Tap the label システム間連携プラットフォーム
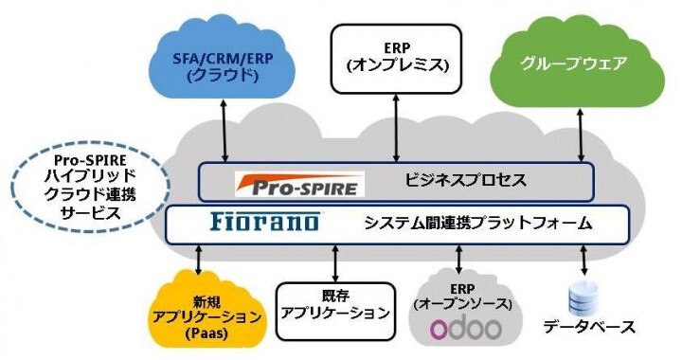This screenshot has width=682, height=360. tap(478, 225)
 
